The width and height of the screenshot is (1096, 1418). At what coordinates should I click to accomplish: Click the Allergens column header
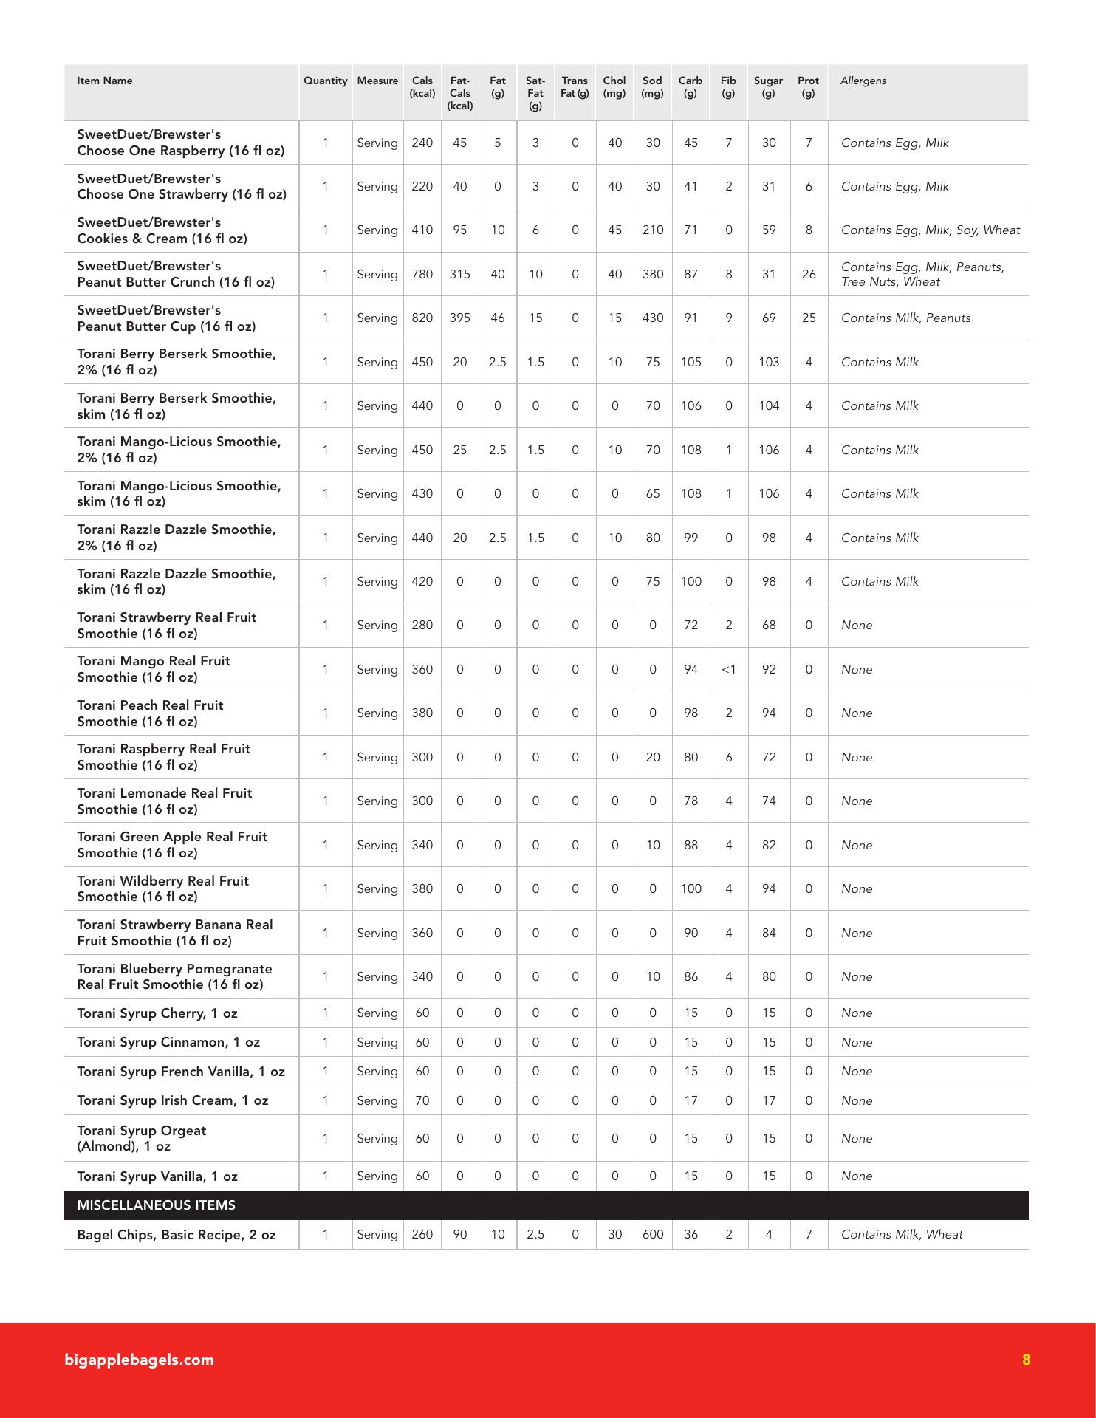tap(863, 81)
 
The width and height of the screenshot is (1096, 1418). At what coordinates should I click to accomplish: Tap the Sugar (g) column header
tap(768, 86)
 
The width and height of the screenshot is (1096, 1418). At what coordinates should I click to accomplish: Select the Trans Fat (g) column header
tap(575, 86)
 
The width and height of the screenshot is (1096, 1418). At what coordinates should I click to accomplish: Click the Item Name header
tap(105, 81)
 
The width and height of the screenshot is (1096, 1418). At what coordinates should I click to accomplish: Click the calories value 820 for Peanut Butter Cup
tap(422, 318)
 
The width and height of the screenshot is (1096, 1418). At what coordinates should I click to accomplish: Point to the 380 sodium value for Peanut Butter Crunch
tap(652, 275)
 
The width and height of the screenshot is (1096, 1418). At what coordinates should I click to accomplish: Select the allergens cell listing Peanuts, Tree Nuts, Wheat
tap(922, 275)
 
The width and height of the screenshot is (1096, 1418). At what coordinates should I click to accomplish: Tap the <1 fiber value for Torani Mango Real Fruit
tap(728, 670)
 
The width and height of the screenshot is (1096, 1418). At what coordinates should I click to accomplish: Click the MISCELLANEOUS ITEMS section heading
tap(157, 1205)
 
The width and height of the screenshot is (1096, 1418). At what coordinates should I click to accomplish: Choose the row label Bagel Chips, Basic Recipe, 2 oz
tap(177, 1235)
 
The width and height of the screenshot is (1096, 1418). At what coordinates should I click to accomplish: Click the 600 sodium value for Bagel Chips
tap(652, 1235)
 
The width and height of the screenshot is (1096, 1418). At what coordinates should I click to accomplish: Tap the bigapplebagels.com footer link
tap(139, 1360)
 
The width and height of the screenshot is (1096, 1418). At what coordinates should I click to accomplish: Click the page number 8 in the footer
tap(1026, 1360)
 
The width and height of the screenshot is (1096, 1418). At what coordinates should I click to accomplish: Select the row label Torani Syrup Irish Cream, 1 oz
tap(173, 1100)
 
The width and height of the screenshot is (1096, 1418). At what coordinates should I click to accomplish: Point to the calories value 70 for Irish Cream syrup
tap(422, 1101)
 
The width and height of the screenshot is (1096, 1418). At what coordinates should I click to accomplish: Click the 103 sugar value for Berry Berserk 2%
tap(768, 363)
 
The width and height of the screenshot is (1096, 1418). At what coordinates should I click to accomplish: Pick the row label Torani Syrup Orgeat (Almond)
tap(142, 1138)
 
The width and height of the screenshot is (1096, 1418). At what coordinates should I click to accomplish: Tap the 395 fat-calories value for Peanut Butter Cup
tap(459, 318)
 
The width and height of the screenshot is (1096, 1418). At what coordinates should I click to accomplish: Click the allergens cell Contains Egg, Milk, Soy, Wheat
tap(930, 230)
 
